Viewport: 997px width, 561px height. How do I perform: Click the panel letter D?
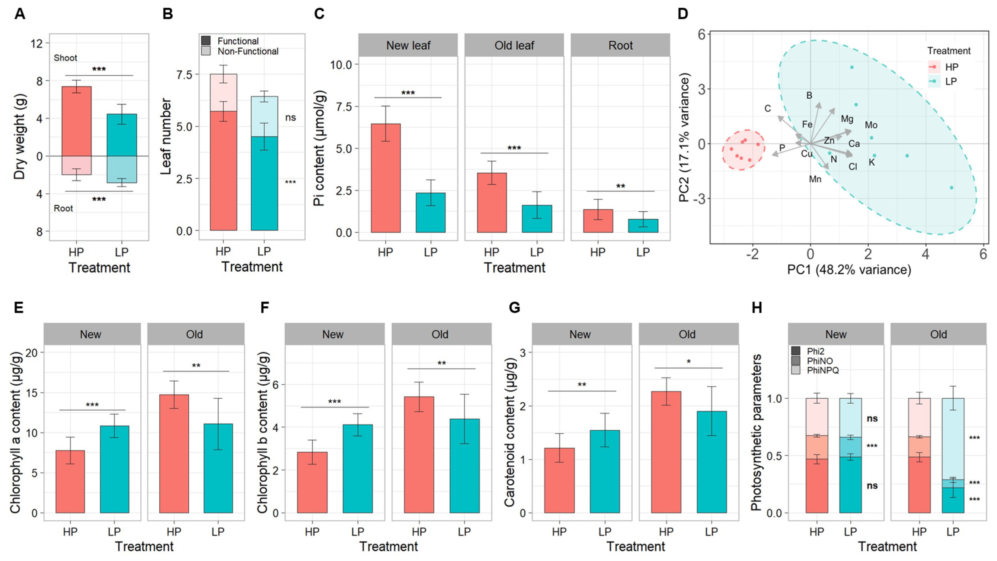coord(683,14)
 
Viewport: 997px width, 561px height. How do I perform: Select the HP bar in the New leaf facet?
coord(386,178)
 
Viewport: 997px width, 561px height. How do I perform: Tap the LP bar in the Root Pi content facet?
coord(643,226)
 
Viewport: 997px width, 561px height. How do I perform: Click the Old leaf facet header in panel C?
coord(514,45)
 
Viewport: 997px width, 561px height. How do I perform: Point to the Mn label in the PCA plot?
coord(815,179)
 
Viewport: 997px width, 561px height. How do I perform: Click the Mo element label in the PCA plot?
coord(871,125)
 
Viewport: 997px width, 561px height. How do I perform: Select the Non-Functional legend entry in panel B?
coord(248,51)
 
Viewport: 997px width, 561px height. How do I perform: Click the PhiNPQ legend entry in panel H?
coord(823,370)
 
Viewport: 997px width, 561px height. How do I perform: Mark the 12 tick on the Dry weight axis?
coord(37,43)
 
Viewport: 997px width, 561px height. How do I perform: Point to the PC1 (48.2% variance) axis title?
coord(849,269)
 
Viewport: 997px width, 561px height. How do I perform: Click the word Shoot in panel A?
coord(65,58)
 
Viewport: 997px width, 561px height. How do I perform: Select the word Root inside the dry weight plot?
coord(63,209)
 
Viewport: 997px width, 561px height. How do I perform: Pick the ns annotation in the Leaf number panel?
coord(290,118)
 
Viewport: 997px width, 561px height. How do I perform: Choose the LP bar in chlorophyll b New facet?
coord(358,469)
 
